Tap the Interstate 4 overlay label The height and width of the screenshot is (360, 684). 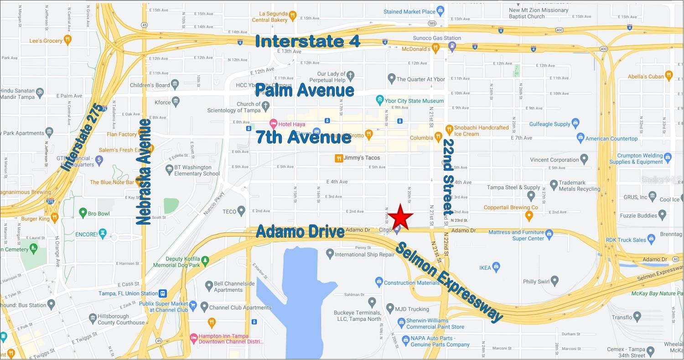pyautogui.click(x=308, y=41)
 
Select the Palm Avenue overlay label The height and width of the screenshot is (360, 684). pyautogui.click(x=305, y=90)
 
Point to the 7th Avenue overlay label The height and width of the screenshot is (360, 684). pyautogui.click(x=303, y=136)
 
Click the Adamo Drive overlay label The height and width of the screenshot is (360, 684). pyautogui.click(x=300, y=231)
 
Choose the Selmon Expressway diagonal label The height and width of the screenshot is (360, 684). pyautogui.click(x=449, y=282)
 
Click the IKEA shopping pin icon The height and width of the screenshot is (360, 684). pyautogui.click(x=497, y=267)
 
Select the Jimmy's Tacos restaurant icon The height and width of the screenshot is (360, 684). pyautogui.click(x=339, y=158)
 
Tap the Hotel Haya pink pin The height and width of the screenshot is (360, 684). pyautogui.click(x=273, y=124)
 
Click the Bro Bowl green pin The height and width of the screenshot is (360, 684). pyautogui.click(x=83, y=213)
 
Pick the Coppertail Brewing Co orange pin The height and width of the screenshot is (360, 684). pyautogui.click(x=529, y=215)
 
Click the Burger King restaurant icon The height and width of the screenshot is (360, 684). pyautogui.click(x=55, y=218)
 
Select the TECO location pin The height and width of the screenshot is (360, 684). pyautogui.click(x=241, y=211)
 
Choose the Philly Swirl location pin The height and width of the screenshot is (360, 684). pyautogui.click(x=554, y=281)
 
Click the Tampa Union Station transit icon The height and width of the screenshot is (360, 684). pyautogui.click(x=163, y=293)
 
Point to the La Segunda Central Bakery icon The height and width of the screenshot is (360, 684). pyautogui.click(x=292, y=16)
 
